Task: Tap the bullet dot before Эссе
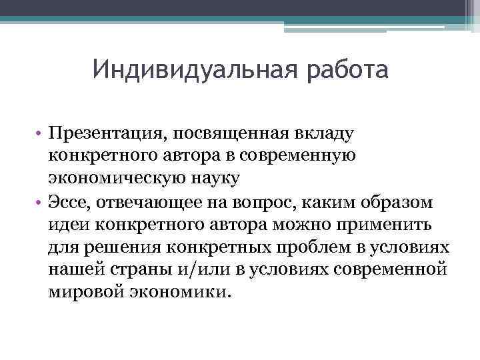click(39, 203)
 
